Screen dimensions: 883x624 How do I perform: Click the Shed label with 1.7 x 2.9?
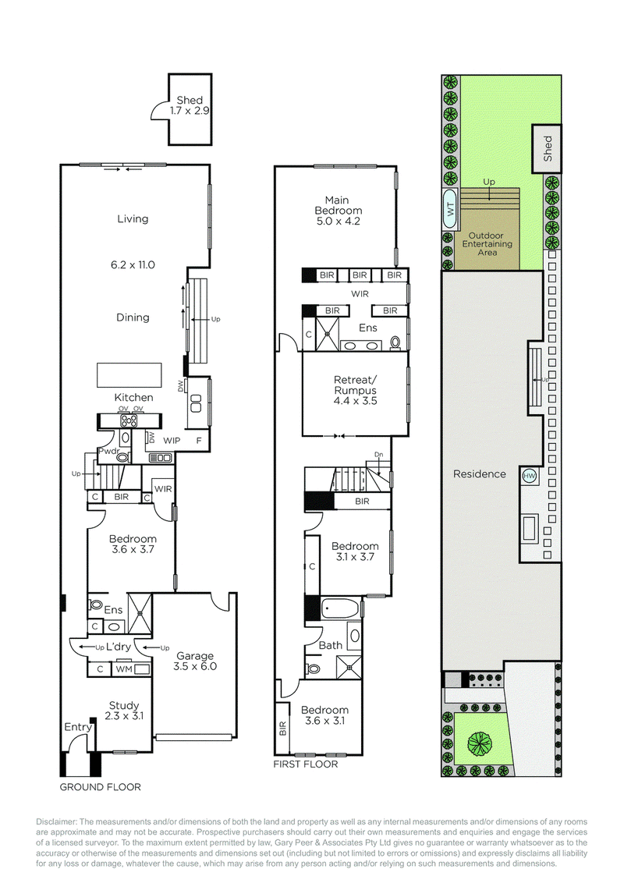tap(190, 105)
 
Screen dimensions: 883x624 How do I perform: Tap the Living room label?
tap(133, 219)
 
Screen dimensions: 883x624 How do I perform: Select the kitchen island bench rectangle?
tap(129, 374)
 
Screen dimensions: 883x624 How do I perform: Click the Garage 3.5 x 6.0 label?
tap(195, 661)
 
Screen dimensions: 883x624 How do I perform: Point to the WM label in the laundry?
tap(123, 669)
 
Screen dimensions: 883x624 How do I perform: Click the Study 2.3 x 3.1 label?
tap(124, 711)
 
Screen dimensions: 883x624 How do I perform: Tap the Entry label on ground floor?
tap(78, 728)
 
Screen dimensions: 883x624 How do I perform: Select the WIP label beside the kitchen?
tap(172, 441)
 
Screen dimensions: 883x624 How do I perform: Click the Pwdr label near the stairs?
tap(108, 452)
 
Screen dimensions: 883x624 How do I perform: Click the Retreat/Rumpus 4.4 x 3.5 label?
tap(355, 391)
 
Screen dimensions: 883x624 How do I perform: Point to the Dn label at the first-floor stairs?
tap(379, 454)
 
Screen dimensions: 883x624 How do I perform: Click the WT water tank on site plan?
tap(450, 208)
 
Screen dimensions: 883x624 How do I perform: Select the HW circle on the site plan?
tap(530, 476)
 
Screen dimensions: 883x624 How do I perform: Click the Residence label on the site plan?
tap(480, 473)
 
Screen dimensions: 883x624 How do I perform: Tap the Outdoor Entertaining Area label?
tap(487, 243)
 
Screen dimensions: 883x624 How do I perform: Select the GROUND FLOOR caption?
tap(101, 787)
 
